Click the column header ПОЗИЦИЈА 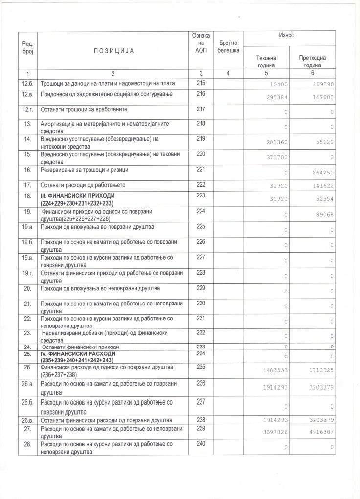coord(112,50)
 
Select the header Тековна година coord(267,62)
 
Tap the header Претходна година coord(312,62)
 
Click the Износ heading coord(289,36)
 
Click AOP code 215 coord(201,83)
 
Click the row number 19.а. coord(27,227)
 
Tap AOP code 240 coord(201,444)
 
